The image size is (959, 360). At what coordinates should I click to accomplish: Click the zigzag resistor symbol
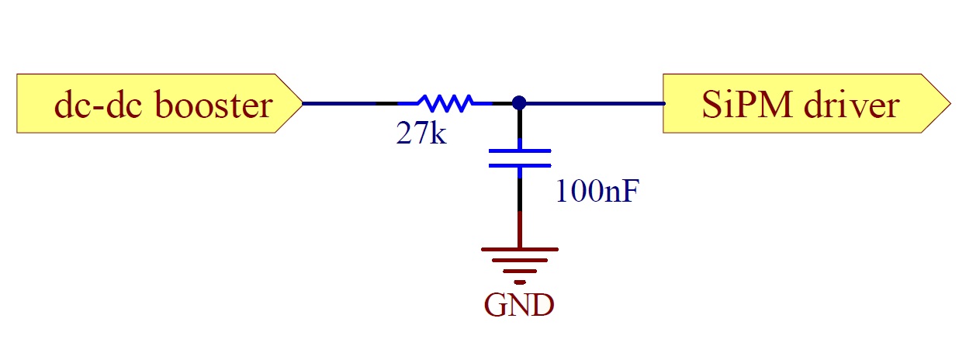445,102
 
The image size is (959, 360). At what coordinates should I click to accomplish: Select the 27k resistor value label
421,134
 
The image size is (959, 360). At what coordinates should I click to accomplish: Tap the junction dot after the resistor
519,102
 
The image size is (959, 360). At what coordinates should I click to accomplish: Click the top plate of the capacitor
519,151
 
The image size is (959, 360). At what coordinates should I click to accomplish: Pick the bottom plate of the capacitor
519,164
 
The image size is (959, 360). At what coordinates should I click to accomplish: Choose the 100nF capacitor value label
597,191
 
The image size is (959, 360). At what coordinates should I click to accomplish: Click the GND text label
519,306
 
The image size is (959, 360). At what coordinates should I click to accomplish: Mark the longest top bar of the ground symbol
519,250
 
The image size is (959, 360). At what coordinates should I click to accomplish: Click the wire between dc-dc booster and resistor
349,102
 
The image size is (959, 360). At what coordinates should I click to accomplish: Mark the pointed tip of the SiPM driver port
949,103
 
